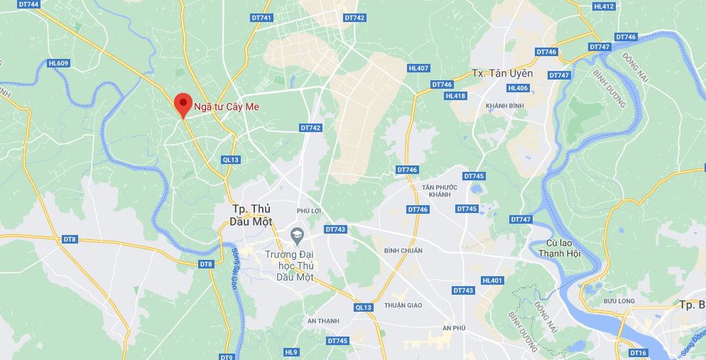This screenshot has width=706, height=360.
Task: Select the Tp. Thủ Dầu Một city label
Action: [252, 214]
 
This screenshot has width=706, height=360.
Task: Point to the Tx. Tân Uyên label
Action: [502, 73]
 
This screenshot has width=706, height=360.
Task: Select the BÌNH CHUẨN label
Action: [403, 250]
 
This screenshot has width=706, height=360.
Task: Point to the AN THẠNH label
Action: [323, 321]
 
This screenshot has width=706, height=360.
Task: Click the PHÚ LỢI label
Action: [310, 211]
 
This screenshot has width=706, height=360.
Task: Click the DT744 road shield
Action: [29, 4]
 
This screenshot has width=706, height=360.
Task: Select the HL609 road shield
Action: [58, 63]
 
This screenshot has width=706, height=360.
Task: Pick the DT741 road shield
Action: [262, 18]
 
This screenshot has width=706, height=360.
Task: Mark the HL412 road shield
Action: [603, 6]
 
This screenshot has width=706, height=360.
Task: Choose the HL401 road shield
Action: [492, 280]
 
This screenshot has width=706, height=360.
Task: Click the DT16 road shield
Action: [639, 353]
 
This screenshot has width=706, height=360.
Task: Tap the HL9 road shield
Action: [291, 352]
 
